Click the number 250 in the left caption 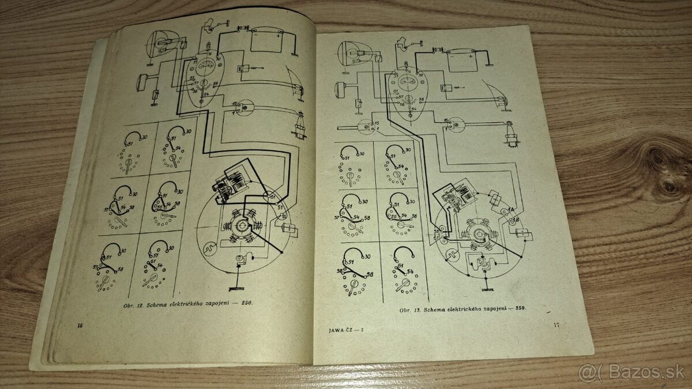point(247,302)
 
